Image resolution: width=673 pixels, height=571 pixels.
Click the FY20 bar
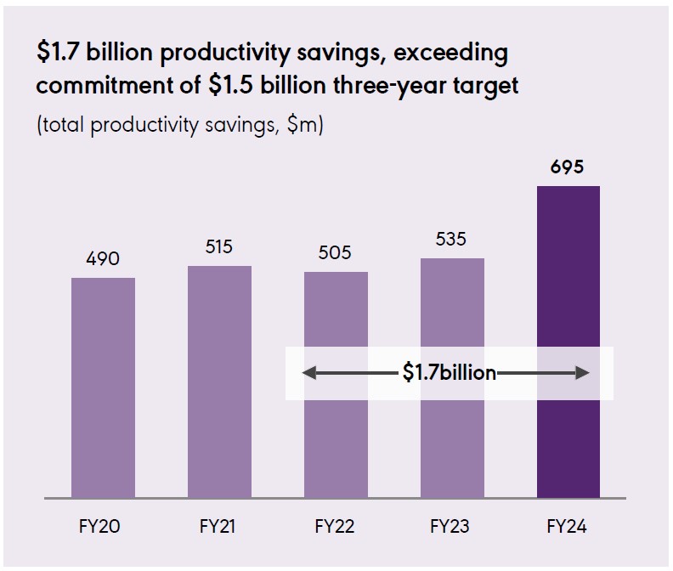[103, 387]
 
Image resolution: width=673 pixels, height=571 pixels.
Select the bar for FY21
[219, 382]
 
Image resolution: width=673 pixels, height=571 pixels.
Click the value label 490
[103, 258]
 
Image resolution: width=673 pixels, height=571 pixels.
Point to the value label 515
[219, 247]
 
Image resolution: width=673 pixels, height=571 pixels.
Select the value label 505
[336, 253]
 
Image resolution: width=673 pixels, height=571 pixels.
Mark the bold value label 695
[568, 167]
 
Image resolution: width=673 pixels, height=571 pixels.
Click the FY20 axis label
[103, 527]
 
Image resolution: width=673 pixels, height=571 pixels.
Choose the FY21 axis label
[219, 527]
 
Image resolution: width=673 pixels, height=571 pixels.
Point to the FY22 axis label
[335, 527]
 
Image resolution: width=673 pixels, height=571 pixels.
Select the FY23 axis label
[451, 527]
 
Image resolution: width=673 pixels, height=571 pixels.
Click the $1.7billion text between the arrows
[450, 373]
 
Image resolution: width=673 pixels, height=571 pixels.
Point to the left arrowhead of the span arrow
[308, 373]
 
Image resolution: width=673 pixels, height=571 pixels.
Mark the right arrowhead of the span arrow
[583, 373]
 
